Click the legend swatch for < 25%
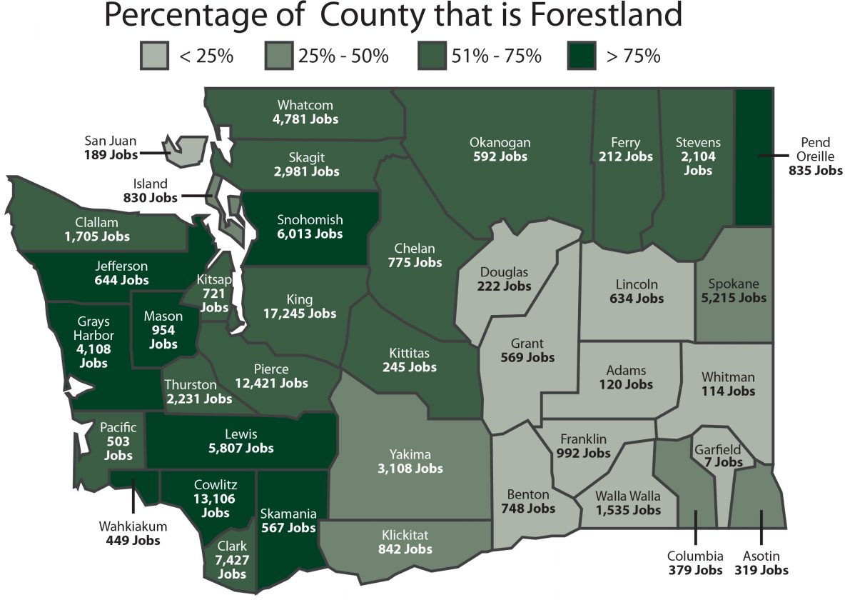154,56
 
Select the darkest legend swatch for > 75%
582,56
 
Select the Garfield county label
717,450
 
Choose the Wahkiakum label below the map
133,526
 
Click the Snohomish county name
310,220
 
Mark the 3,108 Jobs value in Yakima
410,469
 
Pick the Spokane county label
734,284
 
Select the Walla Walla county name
619,496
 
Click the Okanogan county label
500,142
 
